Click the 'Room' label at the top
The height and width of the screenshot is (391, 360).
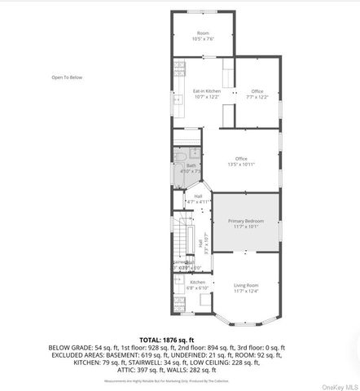pos(203,33)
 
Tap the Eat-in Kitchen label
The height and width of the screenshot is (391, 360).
pos(206,90)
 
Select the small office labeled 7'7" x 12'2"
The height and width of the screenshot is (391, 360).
pos(257,94)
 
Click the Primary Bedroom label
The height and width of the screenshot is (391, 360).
pos(245,221)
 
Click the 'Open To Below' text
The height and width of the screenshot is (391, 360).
pos(66,77)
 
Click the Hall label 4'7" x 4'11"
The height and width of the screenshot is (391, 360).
pos(199,198)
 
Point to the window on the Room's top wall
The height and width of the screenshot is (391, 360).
pos(204,14)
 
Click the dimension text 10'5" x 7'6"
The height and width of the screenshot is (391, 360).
pos(203,38)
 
